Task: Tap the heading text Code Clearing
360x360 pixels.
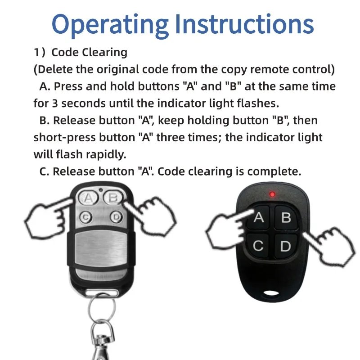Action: click(89, 52)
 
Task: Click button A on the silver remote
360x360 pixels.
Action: click(89, 198)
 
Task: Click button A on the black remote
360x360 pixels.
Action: click(258, 218)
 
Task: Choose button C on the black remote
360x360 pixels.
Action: click(258, 246)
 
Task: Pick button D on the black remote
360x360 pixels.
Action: click(285, 246)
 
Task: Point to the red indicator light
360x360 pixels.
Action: click(272, 194)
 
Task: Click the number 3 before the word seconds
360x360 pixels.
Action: click(54, 103)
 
